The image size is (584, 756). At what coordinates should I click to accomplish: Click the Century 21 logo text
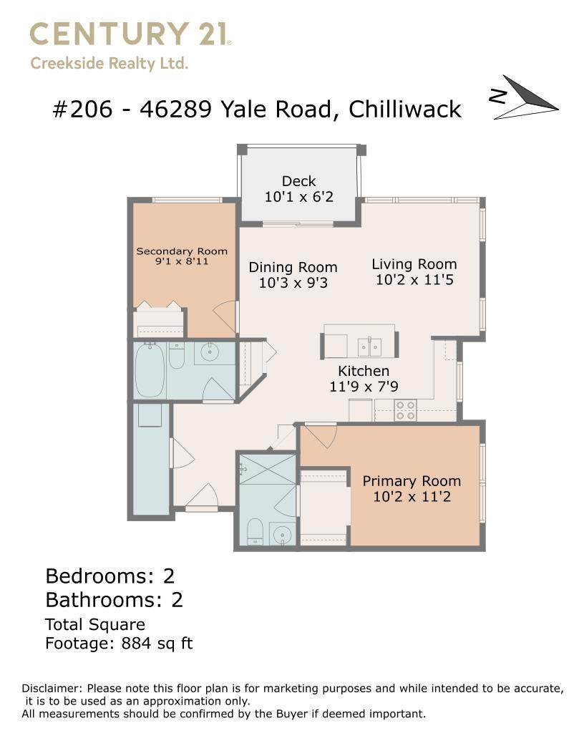point(130,34)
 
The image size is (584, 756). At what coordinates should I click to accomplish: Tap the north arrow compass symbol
point(526,98)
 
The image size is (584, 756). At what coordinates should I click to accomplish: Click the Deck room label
point(298,181)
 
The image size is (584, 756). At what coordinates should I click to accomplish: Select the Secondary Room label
point(182,251)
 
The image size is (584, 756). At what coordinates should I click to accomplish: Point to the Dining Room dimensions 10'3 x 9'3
point(293,283)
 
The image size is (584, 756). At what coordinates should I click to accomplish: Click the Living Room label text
point(414,264)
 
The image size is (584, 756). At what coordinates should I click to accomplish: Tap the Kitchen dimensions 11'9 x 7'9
point(364,387)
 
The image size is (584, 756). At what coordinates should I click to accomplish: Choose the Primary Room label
point(412,481)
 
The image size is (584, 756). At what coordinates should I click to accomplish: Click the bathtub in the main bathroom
point(150,370)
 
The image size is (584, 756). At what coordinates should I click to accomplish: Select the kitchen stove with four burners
point(405,410)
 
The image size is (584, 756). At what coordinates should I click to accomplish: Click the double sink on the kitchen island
point(369,346)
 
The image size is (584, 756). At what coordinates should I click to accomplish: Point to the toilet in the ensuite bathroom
point(254,532)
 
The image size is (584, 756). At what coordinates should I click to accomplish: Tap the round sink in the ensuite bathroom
point(282,534)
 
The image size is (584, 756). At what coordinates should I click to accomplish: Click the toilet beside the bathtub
point(176,355)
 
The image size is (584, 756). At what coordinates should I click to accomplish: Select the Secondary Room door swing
point(225,318)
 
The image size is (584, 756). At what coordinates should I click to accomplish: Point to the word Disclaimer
point(52,689)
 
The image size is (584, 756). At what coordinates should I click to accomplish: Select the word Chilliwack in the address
point(405,110)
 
